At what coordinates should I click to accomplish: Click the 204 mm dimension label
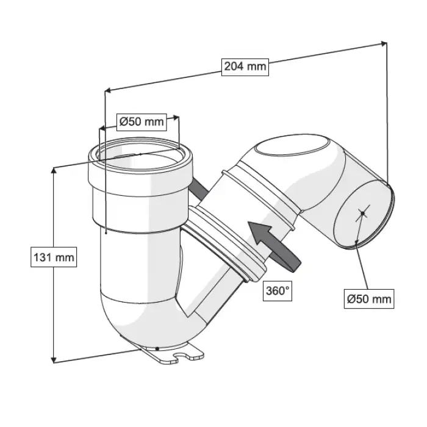pyautogui.click(x=245, y=67)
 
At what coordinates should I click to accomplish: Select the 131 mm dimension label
pyautogui.click(x=54, y=257)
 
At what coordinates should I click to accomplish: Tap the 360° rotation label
pyautogui.click(x=277, y=291)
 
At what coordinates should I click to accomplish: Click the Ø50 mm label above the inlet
pyautogui.click(x=142, y=122)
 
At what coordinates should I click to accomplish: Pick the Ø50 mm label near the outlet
pyautogui.click(x=369, y=299)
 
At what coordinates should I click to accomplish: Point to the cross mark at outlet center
pyautogui.click(x=362, y=213)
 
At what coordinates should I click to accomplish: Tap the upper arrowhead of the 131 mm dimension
pyautogui.click(x=54, y=170)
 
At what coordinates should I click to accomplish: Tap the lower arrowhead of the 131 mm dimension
pyautogui.click(x=54, y=360)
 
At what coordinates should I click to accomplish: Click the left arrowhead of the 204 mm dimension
pyautogui.click(x=107, y=90)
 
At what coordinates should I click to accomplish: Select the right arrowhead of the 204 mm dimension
pyautogui.click(x=384, y=43)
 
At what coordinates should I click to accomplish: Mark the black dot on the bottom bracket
pyautogui.click(x=157, y=348)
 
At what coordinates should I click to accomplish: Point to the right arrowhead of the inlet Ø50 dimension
pyautogui.click(x=176, y=117)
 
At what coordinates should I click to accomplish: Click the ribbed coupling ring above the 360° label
pyautogui.click(x=226, y=242)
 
